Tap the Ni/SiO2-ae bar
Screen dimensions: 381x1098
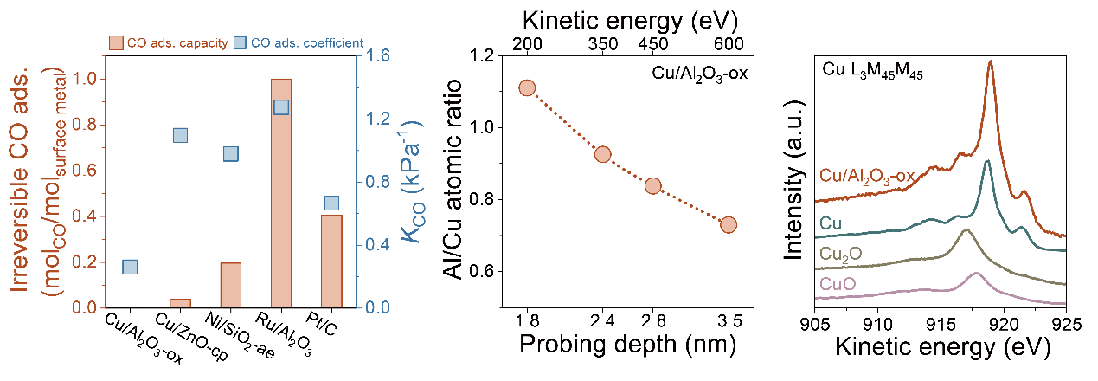pyautogui.click(x=231, y=285)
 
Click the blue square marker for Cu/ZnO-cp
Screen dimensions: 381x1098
pyautogui.click(x=180, y=135)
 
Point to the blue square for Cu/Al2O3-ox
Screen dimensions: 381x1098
pyautogui.click(x=130, y=268)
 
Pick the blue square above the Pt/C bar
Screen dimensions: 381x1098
pyautogui.click(x=331, y=203)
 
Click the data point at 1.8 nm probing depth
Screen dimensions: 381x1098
pyautogui.click(x=526, y=87)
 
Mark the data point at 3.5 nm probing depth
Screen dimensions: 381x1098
pyautogui.click(x=729, y=225)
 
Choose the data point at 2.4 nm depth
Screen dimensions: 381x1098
pyautogui.click(x=603, y=154)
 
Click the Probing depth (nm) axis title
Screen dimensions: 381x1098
pyautogui.click(x=627, y=347)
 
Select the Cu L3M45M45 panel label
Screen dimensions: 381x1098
pyautogui.click(x=864, y=73)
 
